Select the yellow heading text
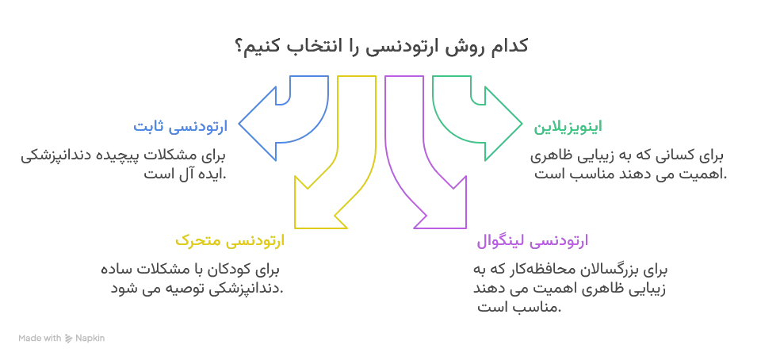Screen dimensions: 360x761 (229, 239)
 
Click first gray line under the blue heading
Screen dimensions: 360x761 (124, 156)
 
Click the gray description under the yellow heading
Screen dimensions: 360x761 (193, 281)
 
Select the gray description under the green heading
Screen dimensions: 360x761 (626, 167)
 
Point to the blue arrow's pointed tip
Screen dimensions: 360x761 (241, 124)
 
